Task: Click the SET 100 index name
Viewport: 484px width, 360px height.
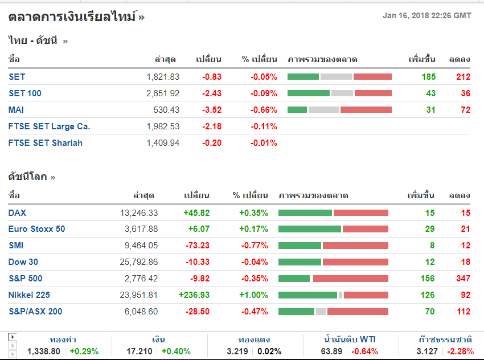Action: [x=25, y=93]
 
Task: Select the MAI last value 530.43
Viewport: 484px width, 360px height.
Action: [x=166, y=110]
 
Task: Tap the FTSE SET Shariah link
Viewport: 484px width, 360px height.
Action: [x=46, y=143]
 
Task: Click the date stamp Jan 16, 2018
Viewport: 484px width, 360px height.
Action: [x=405, y=16]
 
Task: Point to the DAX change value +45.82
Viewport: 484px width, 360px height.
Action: [x=196, y=213]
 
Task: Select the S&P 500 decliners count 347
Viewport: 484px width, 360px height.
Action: [x=462, y=279]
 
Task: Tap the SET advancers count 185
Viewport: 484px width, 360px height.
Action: [x=429, y=77]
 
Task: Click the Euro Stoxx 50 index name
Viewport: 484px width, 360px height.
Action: [x=37, y=229]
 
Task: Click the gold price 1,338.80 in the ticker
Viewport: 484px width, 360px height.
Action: [x=43, y=351]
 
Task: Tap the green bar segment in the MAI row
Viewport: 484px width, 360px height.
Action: [x=297, y=110]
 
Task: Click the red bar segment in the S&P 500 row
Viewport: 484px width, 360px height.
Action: [x=350, y=279]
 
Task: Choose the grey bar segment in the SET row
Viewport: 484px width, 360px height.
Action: [x=336, y=77]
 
